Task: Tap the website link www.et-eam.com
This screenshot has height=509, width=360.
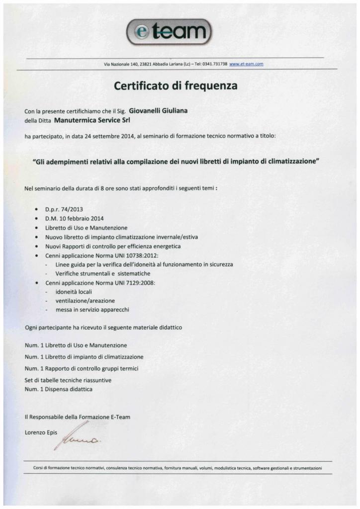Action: point(246,64)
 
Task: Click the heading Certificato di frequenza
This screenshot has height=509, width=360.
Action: point(176,85)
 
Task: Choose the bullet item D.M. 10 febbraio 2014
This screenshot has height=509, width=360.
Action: point(74,219)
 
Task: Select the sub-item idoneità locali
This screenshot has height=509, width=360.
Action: point(74,291)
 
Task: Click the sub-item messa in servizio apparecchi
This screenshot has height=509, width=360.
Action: point(92,310)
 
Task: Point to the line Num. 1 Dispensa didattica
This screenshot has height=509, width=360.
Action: point(59,389)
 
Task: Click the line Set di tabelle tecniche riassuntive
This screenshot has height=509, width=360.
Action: point(68,380)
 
